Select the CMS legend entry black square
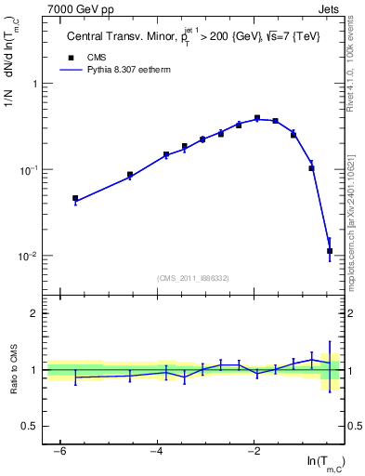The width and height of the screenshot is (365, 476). [71, 58]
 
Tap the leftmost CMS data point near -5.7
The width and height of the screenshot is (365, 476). [75, 198]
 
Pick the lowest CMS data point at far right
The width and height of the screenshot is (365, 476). [330, 251]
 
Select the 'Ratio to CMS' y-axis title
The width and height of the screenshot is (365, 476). [14, 369]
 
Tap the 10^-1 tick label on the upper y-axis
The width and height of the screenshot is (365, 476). [28, 170]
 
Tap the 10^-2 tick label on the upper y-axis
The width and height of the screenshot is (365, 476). [28, 256]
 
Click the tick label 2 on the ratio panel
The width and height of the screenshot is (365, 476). [33, 313]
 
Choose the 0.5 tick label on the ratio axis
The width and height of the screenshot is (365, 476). [30, 426]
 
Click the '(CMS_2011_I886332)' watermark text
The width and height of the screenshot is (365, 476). [193, 278]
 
